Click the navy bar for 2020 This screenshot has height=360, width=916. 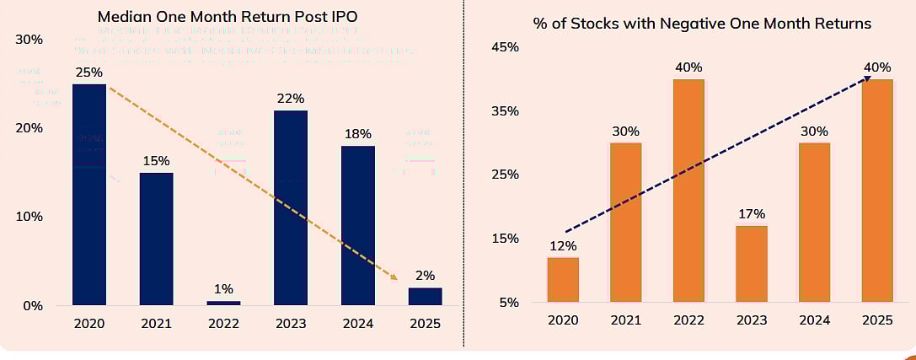89,194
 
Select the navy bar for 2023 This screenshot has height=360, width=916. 291,207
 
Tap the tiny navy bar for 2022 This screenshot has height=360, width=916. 223,303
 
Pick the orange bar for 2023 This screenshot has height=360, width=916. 752,264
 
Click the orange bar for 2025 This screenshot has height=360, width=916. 878,191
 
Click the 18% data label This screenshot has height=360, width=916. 358,133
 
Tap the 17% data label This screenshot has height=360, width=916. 752,213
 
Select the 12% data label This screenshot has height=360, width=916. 563,245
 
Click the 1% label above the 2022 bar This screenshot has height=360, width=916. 223,288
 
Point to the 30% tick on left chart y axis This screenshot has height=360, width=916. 29,40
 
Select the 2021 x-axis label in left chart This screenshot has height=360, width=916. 156,324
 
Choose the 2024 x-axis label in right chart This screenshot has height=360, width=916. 815,320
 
